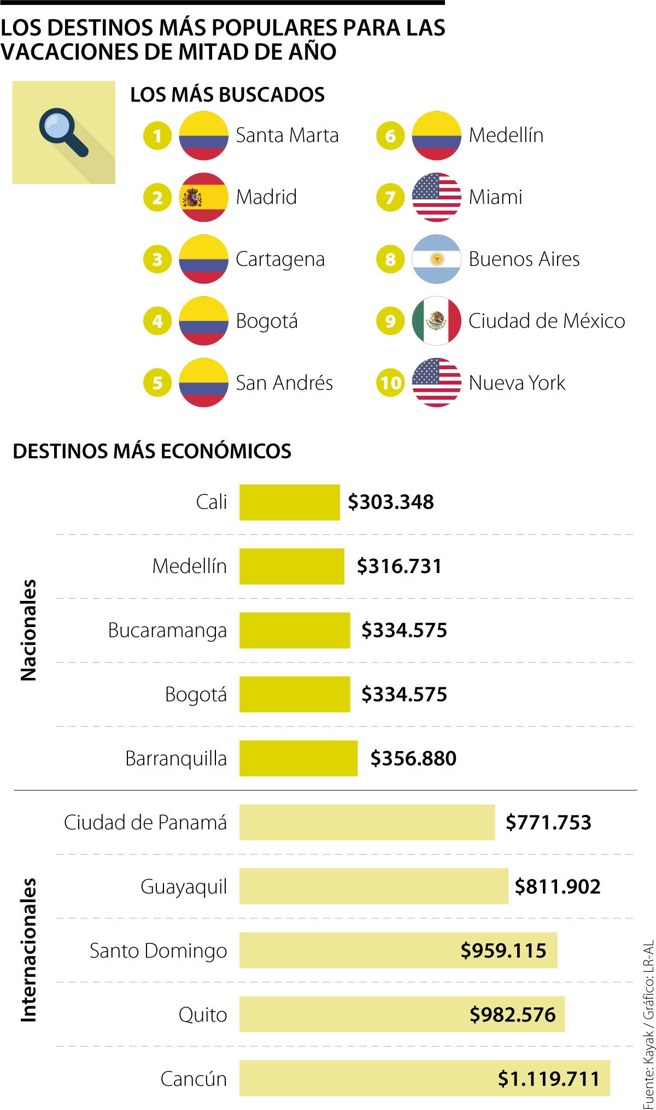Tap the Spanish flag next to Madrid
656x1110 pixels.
pos(203,197)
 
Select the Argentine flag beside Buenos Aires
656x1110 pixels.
pos(436,259)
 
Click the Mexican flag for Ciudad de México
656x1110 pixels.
pos(436,321)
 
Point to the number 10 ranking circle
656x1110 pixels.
pos(390,383)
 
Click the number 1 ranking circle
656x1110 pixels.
pos(157,135)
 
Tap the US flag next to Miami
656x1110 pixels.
pos(436,197)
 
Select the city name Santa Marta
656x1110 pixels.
pos(287,135)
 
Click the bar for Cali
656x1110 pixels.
pos(289,502)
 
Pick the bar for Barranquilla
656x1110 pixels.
pos(298,758)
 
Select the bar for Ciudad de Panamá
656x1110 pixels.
pos(367,822)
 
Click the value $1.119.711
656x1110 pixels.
pos(548,1079)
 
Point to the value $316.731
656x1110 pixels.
pos(399,566)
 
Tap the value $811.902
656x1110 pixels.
pos(558,887)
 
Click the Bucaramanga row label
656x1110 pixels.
pos(167,630)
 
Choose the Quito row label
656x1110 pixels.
pos(202,1014)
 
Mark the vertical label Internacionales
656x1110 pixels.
pos(28,950)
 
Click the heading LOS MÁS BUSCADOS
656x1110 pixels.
pos(227,95)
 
